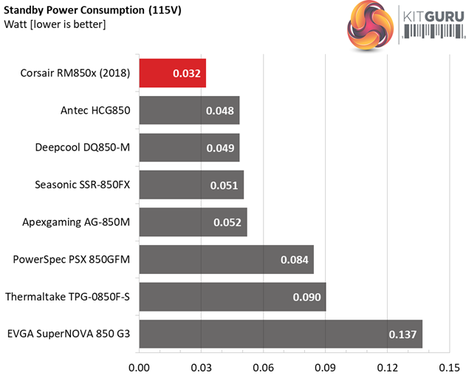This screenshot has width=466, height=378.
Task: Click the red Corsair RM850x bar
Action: tap(172, 74)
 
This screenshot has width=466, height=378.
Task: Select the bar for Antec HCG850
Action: tap(188, 111)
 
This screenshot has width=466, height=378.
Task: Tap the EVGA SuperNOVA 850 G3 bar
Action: tap(280, 334)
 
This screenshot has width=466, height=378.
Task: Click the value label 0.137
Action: tap(402, 334)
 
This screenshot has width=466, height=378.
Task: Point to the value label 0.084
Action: tap(295, 260)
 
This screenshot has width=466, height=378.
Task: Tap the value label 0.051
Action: tap(225, 185)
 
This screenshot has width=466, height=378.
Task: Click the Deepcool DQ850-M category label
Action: tap(82, 148)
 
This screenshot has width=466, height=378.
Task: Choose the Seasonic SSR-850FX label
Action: tap(82, 185)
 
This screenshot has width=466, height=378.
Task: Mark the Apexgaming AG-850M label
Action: tap(81, 222)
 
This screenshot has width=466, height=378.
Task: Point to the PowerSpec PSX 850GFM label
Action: tap(72, 260)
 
